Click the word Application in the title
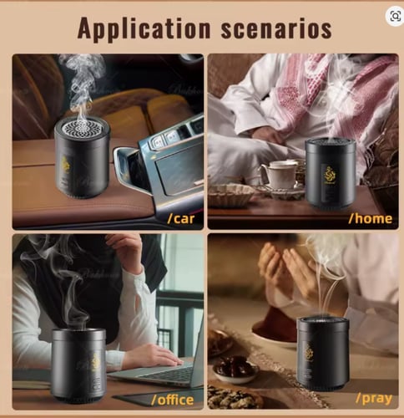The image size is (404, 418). pos(144,29)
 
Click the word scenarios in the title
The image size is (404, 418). pos(276,28)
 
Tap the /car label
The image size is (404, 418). pos(181,218)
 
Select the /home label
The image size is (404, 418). pos(371,218)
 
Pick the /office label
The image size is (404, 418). pos(173,400)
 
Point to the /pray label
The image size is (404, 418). pos(374,399)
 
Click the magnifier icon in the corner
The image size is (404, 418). pos(396,17)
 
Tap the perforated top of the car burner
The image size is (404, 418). pos(82,128)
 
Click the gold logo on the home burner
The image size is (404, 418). pos(330,176)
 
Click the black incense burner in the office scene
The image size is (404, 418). pos(78,365)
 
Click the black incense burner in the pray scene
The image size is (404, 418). pos(323,354)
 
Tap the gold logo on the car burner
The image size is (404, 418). pos(65,165)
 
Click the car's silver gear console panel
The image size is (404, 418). pos(164,165)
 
